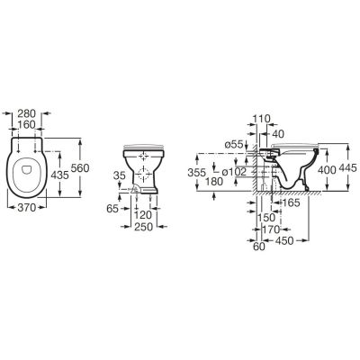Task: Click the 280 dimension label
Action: tap(26, 113)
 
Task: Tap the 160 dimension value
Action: tap(26, 124)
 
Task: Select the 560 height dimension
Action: tap(80, 168)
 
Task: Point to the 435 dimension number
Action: tap(60, 175)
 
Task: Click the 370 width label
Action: tap(27, 207)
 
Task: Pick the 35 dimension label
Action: tap(120, 175)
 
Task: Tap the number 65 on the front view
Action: tap(112, 209)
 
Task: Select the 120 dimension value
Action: tap(143, 215)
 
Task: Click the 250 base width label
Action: tap(144, 227)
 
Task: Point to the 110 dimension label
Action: tap(261, 119)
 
